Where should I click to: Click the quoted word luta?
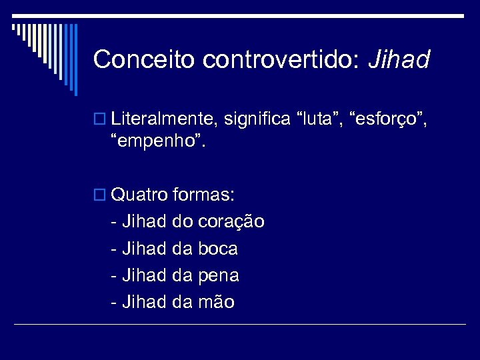point(321,120)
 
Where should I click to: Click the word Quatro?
point(139,195)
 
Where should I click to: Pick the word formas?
point(203,195)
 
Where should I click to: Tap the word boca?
point(218,249)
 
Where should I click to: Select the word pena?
point(219,275)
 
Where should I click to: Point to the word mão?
point(216,302)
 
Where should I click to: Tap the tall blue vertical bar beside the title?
point(75,59)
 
